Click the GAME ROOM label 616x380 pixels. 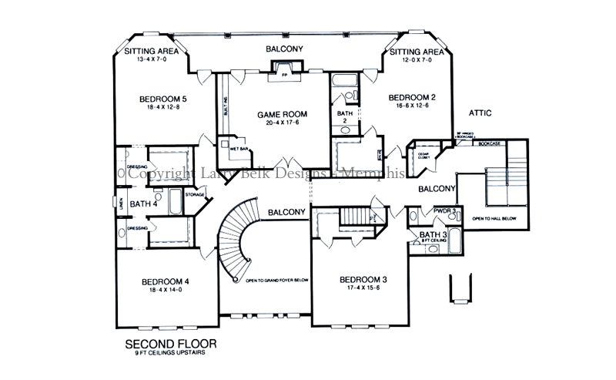[x=277, y=113]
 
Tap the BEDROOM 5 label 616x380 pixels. [x=163, y=99]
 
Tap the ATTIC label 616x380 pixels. [x=479, y=113]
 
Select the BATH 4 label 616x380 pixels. [x=144, y=204]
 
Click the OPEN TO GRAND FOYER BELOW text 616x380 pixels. [x=277, y=281]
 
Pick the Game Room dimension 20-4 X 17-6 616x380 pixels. [x=277, y=123]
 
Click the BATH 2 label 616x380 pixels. [x=345, y=116]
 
